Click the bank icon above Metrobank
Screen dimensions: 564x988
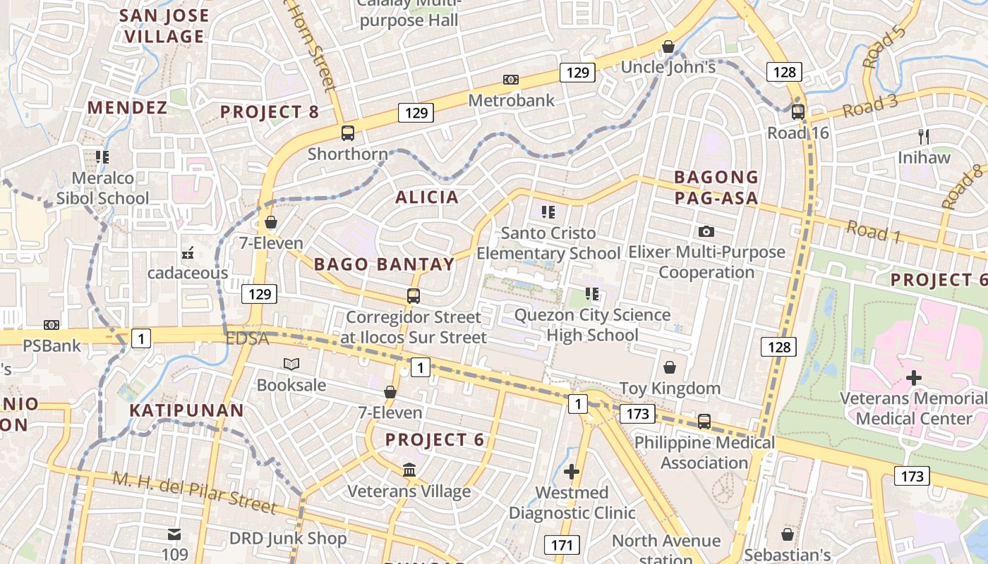tap(510, 80)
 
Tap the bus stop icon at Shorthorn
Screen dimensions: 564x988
tap(348, 133)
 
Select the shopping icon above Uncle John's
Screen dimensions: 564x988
tap(668, 47)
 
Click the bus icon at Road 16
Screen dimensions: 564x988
tap(798, 111)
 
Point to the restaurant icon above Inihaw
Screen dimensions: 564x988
tap(923, 136)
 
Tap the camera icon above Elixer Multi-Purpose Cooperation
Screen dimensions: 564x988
tap(706, 231)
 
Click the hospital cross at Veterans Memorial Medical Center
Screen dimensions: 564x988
tap(914, 378)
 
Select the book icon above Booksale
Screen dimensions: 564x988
tap(291, 364)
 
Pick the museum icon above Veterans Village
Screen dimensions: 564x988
tap(409, 470)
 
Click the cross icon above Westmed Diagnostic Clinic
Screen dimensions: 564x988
tap(572, 472)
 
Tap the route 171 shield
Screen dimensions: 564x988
tap(562, 545)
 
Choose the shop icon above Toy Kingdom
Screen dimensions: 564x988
tap(669, 367)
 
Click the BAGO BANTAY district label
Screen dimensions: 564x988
tap(384, 264)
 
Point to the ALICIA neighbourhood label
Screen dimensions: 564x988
tap(427, 197)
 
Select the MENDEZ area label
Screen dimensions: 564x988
tap(127, 108)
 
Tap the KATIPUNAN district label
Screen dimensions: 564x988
tap(186, 410)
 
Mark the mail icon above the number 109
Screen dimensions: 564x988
tap(174, 534)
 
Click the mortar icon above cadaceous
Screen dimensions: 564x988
tap(188, 252)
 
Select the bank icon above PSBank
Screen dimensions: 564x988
tap(52, 325)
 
